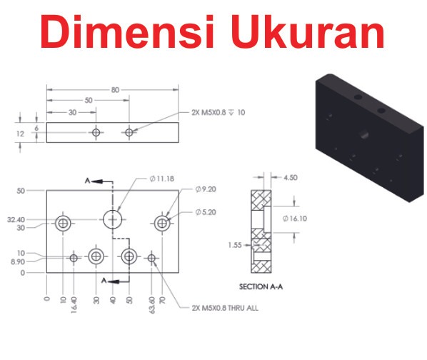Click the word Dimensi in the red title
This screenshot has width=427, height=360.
pyautogui.click(x=127, y=31)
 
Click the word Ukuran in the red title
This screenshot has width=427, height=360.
pyautogui.click(x=308, y=31)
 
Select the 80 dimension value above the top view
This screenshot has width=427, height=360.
pyautogui.click(x=115, y=90)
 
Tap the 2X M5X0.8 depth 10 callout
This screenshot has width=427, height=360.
pyautogui.click(x=218, y=112)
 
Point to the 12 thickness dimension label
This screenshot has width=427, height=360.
pyautogui.click(x=20, y=134)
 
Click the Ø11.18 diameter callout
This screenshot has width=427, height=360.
pyautogui.click(x=161, y=179)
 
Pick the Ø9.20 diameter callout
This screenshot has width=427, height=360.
pyautogui.click(x=206, y=189)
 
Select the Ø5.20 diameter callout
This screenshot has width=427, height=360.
pyautogui.click(x=206, y=212)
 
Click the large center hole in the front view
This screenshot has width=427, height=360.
pyautogui.click(x=113, y=219)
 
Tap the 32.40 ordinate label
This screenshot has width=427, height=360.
pyautogui.click(x=16, y=219)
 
